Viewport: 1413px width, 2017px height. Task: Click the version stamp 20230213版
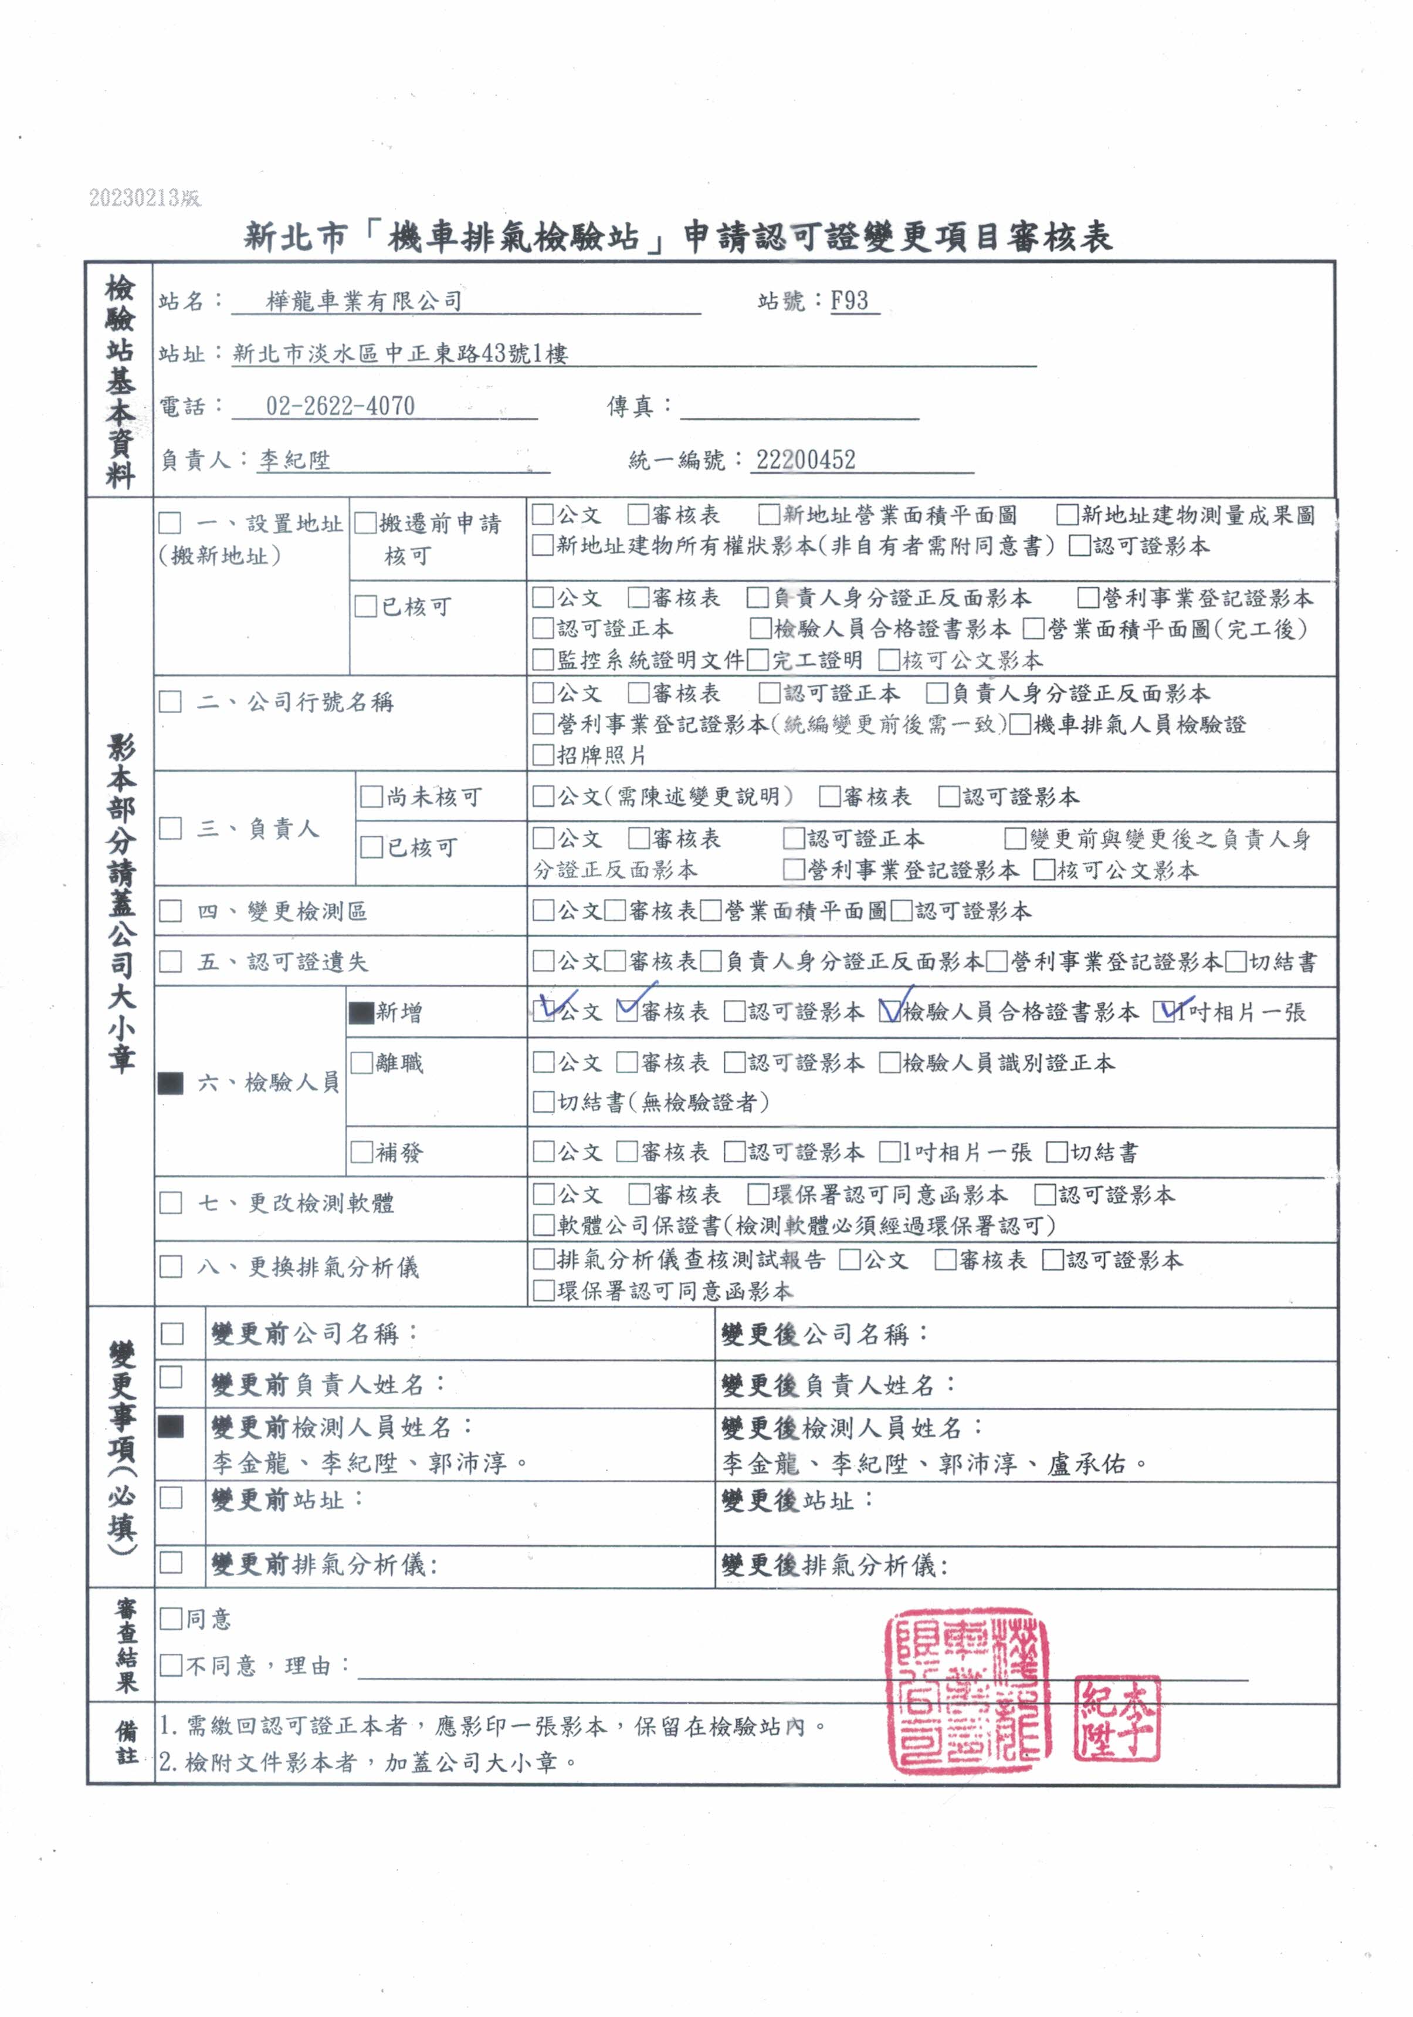[145, 198]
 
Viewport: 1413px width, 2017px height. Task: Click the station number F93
[849, 300]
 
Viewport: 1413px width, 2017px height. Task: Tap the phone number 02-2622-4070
[340, 406]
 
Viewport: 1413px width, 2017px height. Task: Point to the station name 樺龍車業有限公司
[364, 300]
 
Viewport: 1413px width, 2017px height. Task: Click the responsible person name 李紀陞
[294, 460]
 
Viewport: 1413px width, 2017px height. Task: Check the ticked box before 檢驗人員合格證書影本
[890, 1012]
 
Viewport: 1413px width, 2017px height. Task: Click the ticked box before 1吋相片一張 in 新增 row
[1166, 1012]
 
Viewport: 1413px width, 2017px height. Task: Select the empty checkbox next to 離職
[361, 1063]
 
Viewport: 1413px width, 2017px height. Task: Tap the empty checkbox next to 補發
[361, 1152]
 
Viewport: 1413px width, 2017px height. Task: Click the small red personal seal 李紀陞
[1116, 1718]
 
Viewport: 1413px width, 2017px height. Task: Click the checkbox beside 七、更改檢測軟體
[170, 1202]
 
